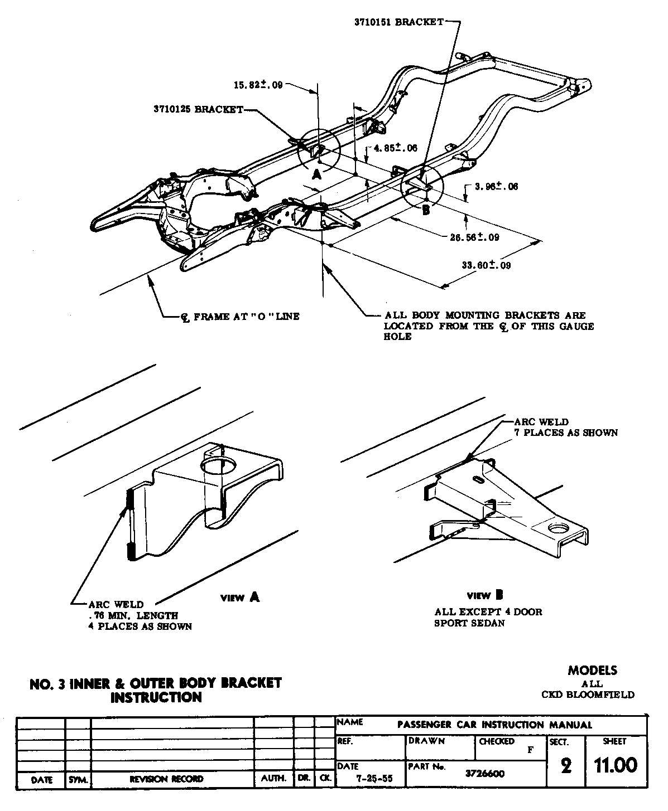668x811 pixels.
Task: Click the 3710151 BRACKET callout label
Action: click(398, 22)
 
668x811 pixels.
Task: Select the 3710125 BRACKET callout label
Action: click(198, 109)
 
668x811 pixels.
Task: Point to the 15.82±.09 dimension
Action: click(258, 85)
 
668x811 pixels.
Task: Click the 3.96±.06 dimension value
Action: click(496, 186)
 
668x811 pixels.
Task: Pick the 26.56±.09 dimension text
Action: click(474, 237)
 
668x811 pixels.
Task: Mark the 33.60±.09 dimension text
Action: click(486, 265)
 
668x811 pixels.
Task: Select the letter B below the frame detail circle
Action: click(426, 210)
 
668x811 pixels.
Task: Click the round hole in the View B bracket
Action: click(558, 528)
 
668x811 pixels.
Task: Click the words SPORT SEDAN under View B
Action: click(469, 623)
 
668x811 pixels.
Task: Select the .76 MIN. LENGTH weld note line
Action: click(133, 615)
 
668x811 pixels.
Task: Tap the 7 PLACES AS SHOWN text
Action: click(566, 433)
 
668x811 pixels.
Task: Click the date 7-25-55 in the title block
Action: click(375, 779)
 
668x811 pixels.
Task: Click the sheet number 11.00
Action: click(616, 765)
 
